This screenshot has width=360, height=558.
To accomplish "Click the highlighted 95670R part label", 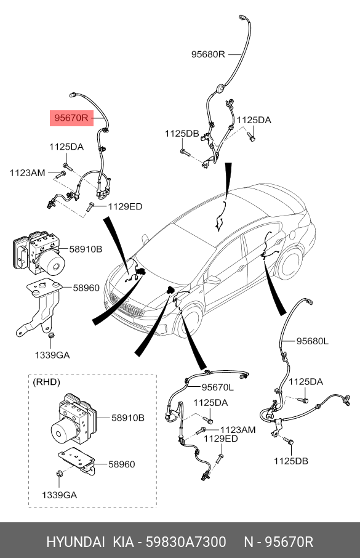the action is click(71, 118).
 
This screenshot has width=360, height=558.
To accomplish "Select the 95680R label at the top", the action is click(208, 54).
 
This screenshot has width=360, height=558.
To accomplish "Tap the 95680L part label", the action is click(313, 341).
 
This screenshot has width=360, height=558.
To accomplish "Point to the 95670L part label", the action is click(217, 387).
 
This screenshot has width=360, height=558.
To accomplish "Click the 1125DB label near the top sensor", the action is click(182, 134).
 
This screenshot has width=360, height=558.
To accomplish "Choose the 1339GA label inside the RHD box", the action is click(60, 495).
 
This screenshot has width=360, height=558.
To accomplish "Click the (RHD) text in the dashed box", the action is click(46, 382).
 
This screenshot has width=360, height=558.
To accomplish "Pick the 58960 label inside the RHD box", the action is click(122, 464).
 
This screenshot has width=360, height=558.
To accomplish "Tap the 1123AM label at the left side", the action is click(28, 173).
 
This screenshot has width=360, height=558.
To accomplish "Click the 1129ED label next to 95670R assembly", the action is click(125, 206).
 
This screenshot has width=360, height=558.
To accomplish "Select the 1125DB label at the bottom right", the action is click(290, 461).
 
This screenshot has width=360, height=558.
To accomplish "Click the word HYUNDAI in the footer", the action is click(76, 542).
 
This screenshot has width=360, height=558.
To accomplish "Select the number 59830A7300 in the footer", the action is click(186, 542).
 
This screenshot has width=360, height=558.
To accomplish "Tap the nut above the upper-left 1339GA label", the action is click(50, 335).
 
